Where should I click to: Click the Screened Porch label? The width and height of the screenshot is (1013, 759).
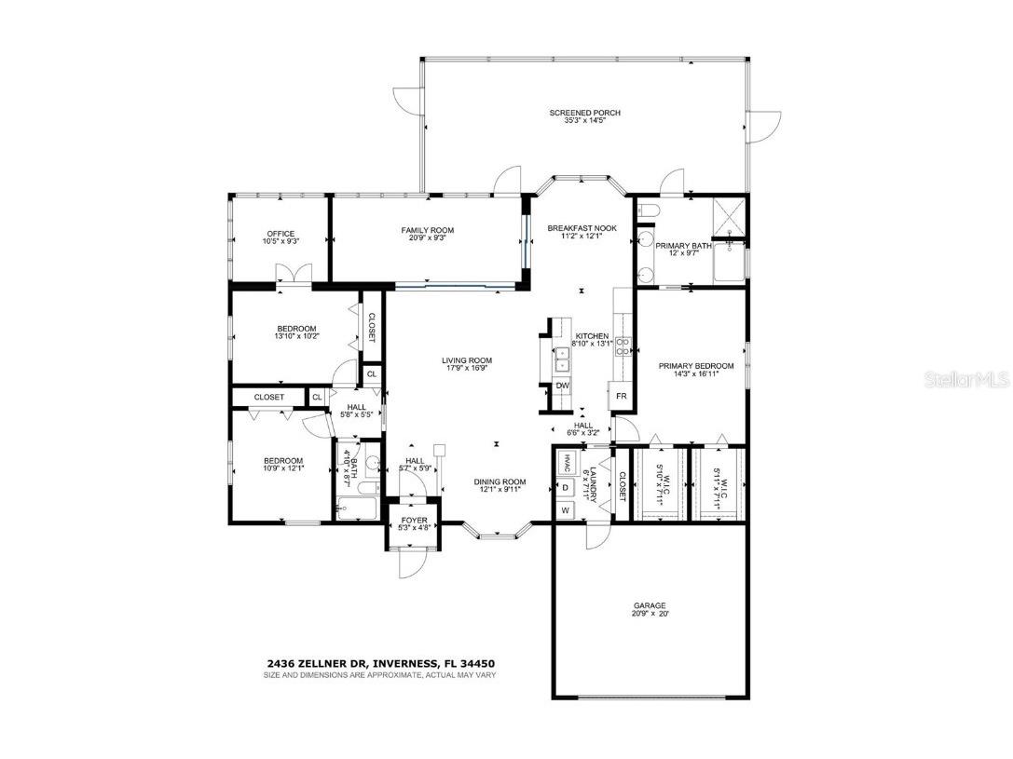pos(584,113)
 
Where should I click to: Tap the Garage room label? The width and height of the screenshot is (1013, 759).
pos(650,606)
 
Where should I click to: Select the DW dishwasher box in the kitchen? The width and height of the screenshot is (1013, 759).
pos(563,386)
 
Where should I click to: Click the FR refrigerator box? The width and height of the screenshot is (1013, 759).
pos(622,396)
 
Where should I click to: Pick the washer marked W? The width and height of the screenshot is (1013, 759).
pos(565,510)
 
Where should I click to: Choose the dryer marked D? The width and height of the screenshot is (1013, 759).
pos(565,487)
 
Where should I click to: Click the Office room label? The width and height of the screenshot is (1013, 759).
pos(281,234)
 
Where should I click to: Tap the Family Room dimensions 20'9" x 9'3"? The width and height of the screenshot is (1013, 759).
pos(428,238)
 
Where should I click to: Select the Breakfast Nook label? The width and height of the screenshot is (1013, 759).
pos(582,228)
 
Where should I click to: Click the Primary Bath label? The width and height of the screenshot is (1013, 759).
pos(683,246)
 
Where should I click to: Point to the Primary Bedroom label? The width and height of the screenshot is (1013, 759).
pos(696,366)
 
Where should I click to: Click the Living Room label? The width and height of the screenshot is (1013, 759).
pos(467,360)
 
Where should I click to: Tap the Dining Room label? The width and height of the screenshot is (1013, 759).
pos(503,481)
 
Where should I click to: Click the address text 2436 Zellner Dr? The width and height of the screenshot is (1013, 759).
pos(317,664)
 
